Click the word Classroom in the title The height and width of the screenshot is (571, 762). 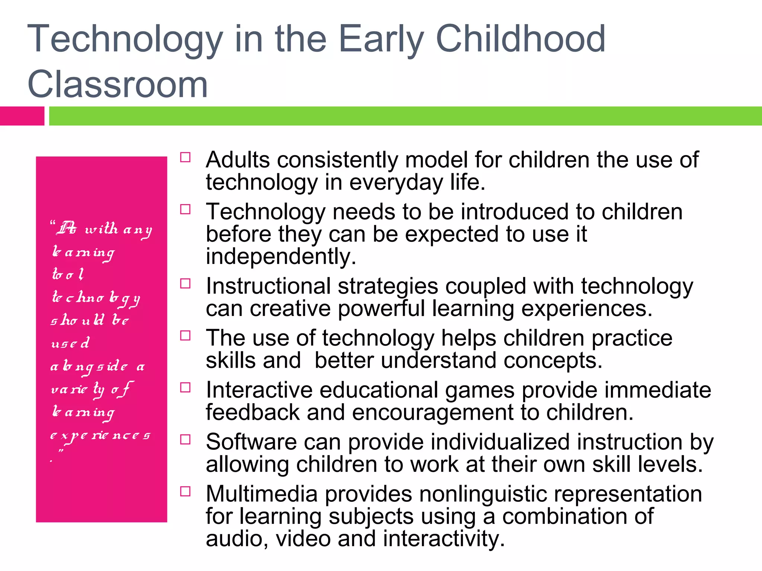click(117, 85)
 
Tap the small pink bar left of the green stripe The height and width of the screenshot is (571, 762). click(22, 116)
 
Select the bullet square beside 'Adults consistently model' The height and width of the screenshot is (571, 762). click(185, 157)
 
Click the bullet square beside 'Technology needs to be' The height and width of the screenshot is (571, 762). click(185, 209)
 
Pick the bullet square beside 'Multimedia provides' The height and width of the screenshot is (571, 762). click(185, 491)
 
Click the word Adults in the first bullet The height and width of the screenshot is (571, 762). click(238, 160)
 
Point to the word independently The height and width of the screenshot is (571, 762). click(281, 257)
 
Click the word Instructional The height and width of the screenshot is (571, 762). click(268, 286)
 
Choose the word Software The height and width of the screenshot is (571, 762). click(251, 442)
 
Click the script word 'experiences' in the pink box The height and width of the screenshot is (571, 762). click(100, 436)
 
